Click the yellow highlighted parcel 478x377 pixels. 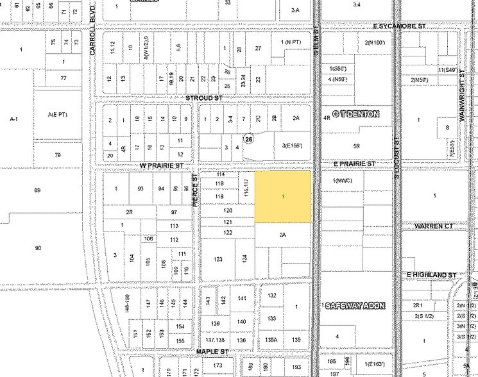coord(283,196)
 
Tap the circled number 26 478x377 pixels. coord(248,138)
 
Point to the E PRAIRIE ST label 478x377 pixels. coord(354,164)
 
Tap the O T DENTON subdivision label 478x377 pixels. coord(355,115)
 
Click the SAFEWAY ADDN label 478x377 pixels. coord(357,306)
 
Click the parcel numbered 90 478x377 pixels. coord(38,247)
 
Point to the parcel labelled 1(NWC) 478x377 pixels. coord(343,180)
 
